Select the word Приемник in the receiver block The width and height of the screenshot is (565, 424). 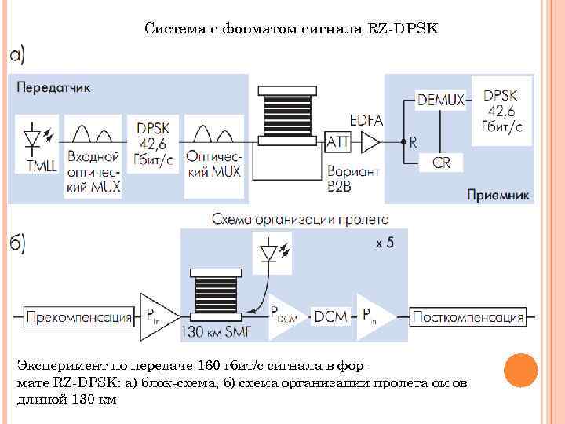498,192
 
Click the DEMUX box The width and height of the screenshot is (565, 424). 441,100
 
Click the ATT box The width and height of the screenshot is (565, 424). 337,142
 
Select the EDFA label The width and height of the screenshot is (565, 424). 368,120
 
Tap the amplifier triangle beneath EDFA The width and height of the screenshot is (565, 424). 370,142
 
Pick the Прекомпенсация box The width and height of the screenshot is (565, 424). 78,317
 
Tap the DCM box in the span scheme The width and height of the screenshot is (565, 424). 326,317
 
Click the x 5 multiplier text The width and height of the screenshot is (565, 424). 385,243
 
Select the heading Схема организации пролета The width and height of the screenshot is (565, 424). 300,219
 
